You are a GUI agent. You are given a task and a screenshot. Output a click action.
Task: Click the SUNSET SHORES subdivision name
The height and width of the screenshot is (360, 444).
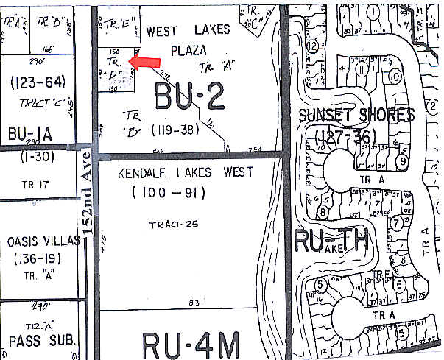click(x=356, y=116)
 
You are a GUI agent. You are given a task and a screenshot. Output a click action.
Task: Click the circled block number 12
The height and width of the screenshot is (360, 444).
click(x=312, y=46)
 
